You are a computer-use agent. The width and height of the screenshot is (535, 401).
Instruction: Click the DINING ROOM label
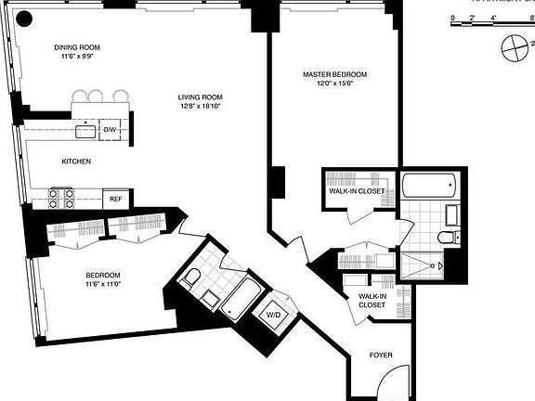pos(76,47)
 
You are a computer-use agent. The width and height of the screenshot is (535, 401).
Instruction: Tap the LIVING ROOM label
pos(202,97)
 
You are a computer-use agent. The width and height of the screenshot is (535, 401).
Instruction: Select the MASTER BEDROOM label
pos(334,74)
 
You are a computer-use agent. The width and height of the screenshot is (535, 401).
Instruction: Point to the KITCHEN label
pos(76,162)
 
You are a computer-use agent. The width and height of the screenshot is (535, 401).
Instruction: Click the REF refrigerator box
pos(115,199)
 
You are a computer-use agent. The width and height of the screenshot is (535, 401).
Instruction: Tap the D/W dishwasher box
pos(110,129)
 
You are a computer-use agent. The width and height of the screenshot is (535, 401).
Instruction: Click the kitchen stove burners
pos(61,197)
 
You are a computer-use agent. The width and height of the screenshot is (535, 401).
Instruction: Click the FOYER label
pos(381,355)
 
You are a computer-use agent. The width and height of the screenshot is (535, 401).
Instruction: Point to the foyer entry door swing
pos(395,381)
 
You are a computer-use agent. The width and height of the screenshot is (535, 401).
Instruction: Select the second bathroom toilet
pos(191,277)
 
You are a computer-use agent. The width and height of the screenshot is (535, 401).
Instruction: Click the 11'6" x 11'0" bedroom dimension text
pos(102,286)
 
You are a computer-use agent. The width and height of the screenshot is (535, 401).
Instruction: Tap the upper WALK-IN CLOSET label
pos(357,190)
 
